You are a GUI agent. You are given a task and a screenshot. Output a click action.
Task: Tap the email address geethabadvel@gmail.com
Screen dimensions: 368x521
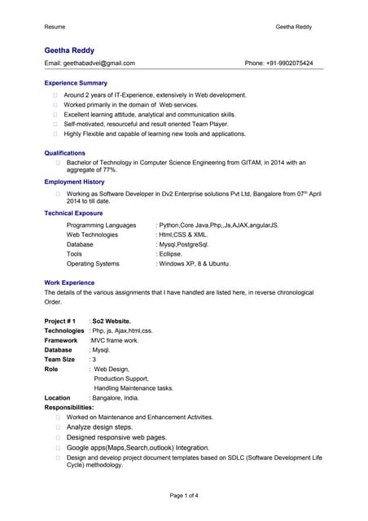coord(99,63)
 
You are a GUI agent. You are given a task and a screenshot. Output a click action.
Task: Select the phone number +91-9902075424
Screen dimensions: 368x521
coord(290,63)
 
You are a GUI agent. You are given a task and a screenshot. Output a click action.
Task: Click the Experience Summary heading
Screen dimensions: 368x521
coord(76,83)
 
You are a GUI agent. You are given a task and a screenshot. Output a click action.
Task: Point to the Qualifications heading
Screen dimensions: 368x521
coord(64,152)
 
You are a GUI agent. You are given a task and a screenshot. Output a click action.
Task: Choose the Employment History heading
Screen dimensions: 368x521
coord(74,182)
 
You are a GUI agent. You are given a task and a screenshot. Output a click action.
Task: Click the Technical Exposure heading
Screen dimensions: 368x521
coord(73,213)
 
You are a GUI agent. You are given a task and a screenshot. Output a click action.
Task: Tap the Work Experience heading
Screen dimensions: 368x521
coord(69,282)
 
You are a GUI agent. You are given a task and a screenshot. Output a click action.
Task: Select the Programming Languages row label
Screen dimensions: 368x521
coord(101,225)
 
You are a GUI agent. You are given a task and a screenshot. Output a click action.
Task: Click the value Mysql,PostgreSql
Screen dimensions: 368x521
coord(183,244)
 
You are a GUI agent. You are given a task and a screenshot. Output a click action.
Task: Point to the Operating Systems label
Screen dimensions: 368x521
coord(93,264)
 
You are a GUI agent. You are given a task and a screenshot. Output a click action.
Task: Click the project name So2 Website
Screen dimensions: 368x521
coord(112,321)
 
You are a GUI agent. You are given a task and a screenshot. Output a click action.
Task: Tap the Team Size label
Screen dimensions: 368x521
coord(59,359)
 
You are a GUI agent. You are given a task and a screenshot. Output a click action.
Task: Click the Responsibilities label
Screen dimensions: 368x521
coord(69,407)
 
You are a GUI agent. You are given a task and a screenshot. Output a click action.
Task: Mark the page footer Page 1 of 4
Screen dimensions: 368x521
coord(184,496)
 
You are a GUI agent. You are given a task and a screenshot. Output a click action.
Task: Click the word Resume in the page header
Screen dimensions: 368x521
coord(55,27)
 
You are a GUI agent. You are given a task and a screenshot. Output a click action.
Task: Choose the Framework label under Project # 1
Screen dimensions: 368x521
coord(61,340)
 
